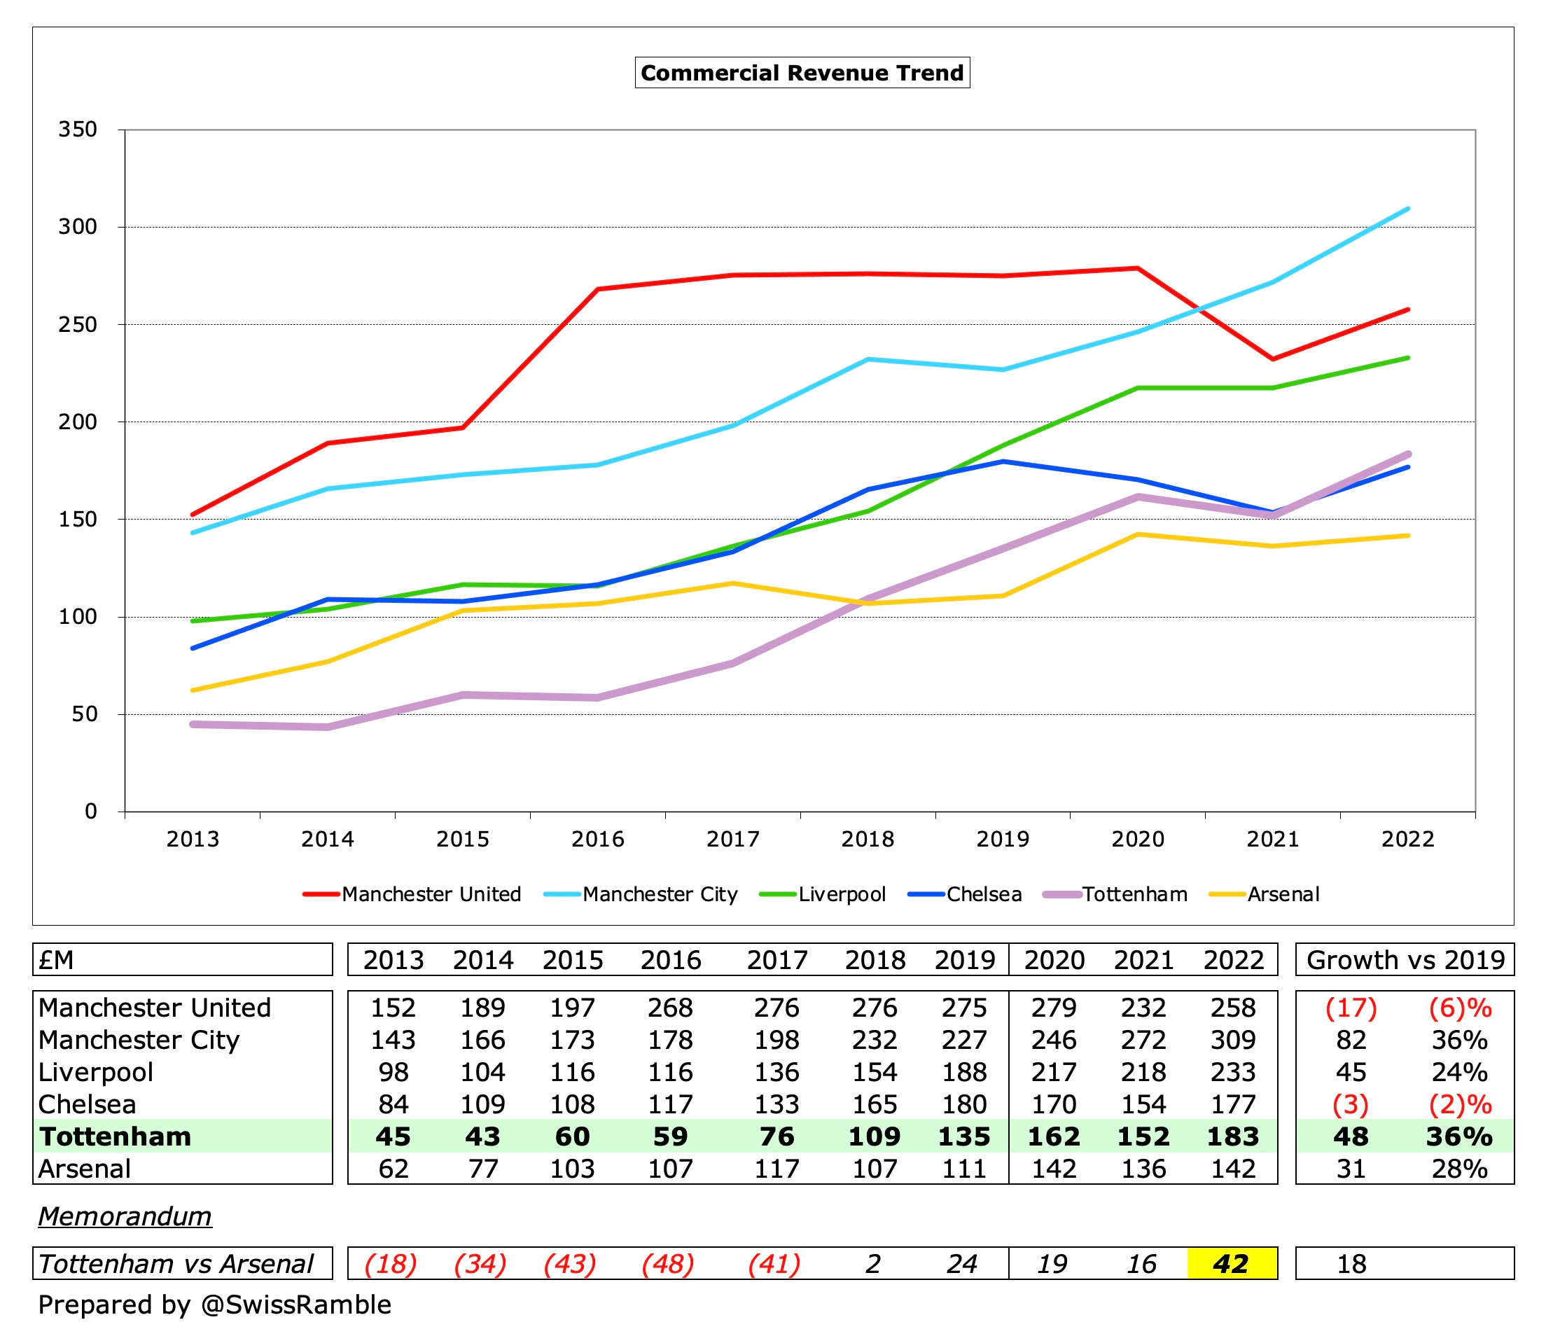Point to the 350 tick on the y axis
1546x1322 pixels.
[x=78, y=129]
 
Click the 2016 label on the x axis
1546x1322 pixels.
[x=597, y=839]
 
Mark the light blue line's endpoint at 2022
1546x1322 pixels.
[x=1407, y=209]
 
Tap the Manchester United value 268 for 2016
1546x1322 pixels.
[x=669, y=1007]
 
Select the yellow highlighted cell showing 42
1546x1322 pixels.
[x=1231, y=1264]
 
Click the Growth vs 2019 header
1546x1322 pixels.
[x=1405, y=959]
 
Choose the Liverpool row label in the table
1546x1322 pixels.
[x=95, y=1072]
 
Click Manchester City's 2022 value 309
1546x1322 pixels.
[x=1232, y=1039]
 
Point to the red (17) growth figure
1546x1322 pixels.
[x=1351, y=1007]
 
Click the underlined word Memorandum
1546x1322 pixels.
[x=125, y=1216]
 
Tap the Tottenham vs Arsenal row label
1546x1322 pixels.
[x=175, y=1264]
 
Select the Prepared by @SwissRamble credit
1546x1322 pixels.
[x=214, y=1304]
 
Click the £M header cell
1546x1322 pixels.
[x=57, y=959]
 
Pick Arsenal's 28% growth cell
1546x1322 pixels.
[x=1458, y=1169]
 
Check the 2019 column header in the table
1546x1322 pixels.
[x=964, y=959]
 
